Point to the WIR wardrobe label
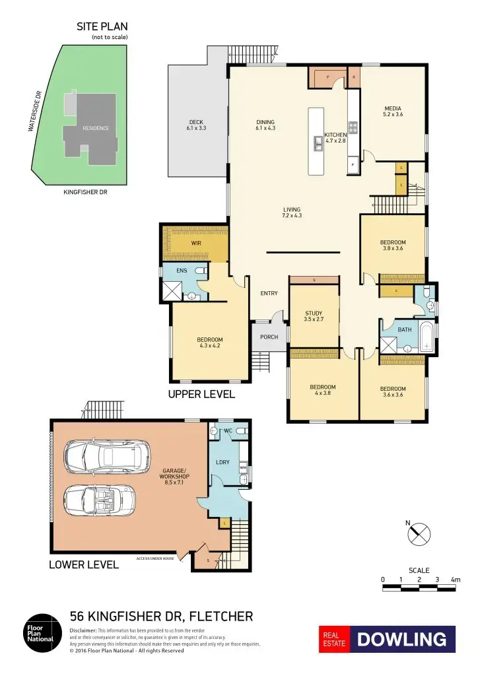coord(196,244)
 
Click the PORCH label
coord(269,337)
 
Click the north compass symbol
coord(419,533)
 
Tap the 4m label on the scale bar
coord(455,580)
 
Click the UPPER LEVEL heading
coord(201,394)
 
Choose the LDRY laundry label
coord(222,462)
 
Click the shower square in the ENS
coord(173,290)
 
